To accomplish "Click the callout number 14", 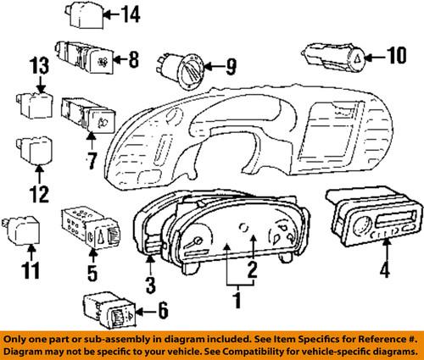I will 131,14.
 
